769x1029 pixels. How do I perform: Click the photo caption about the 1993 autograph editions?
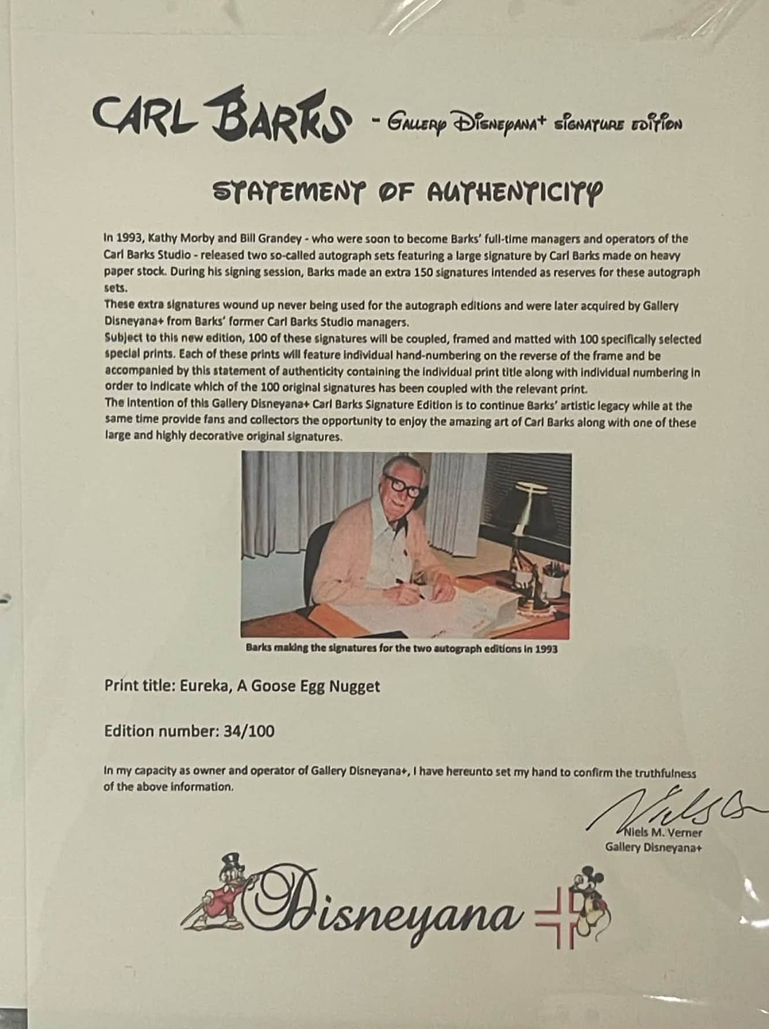401,648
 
